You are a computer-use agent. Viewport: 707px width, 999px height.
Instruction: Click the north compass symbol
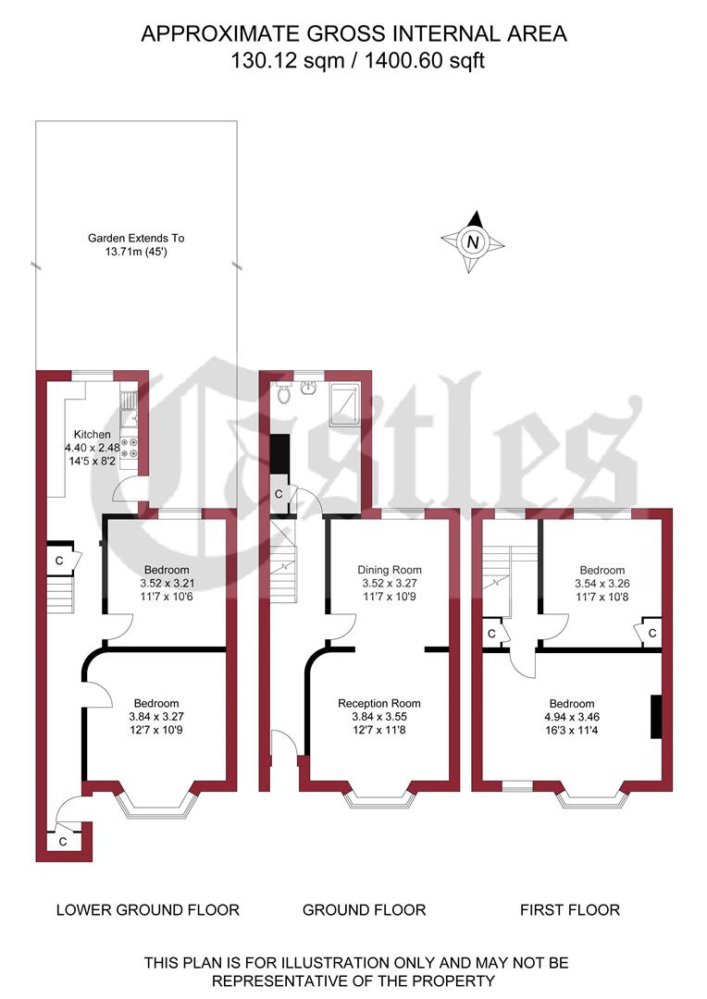click(473, 242)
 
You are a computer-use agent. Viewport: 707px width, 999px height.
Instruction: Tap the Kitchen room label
click(93, 434)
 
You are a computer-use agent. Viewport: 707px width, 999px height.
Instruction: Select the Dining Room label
click(390, 570)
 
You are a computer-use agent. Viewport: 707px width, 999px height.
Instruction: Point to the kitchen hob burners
click(131, 449)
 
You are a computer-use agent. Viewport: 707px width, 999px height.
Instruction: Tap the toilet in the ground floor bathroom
click(284, 392)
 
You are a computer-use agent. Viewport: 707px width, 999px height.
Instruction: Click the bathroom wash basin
click(308, 387)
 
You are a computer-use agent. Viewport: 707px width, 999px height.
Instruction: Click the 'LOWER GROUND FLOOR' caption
click(148, 910)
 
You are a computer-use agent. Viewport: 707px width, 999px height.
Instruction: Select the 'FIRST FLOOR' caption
click(570, 910)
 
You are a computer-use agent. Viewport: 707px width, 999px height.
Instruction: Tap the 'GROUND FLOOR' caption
click(365, 910)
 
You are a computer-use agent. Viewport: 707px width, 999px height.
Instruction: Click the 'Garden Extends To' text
click(136, 238)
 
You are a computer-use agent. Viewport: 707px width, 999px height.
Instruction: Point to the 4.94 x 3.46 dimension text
click(570, 717)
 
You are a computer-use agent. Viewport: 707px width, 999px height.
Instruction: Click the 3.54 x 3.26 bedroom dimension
click(602, 584)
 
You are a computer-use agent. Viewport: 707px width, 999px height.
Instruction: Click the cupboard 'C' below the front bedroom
click(63, 843)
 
